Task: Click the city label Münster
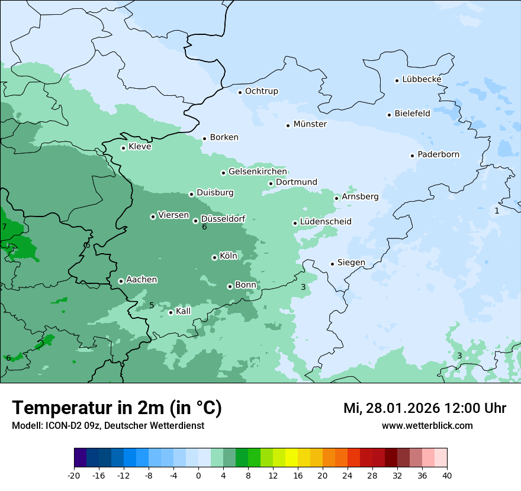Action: pos(310,124)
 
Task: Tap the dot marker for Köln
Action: pos(214,257)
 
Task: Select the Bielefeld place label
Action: pos(412,114)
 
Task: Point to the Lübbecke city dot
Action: pos(397,80)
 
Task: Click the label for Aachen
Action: pos(141,280)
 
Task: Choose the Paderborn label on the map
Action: pos(438,154)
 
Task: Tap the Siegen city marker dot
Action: pos(333,264)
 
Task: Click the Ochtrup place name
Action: pos(261,91)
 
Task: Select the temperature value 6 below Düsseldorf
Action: pos(204,227)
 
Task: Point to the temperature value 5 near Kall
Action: pos(152,305)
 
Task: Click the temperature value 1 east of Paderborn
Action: pos(497,211)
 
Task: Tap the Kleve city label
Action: pos(140,147)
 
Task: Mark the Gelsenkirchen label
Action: pos(258,172)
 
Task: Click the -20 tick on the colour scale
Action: pos(74,476)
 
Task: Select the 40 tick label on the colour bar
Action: pos(446,476)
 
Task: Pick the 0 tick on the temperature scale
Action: pos(198,476)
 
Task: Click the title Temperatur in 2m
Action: pos(117,408)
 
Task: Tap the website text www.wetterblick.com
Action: pos(427,425)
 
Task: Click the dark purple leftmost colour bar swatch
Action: pos(80,458)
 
